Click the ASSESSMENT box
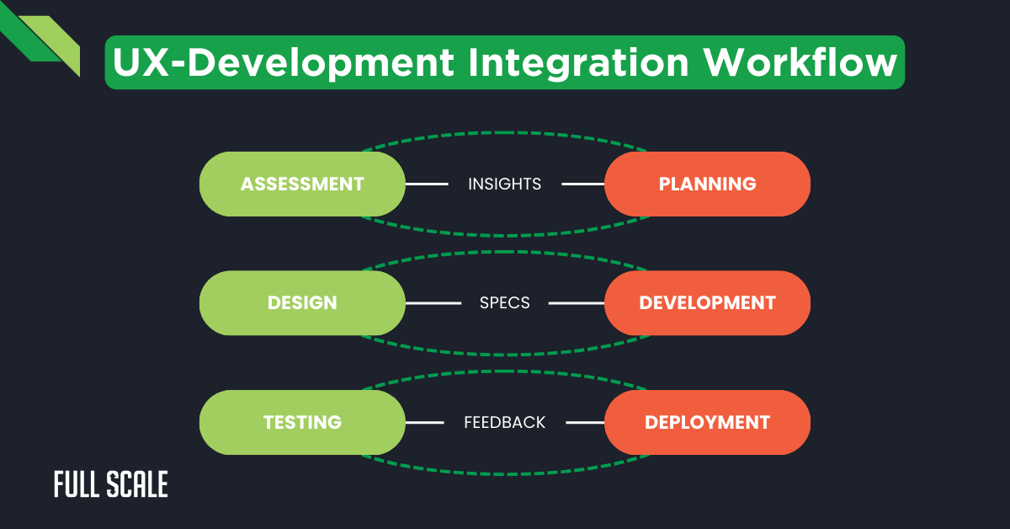[x=302, y=184]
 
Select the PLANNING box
[x=707, y=184]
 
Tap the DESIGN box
[x=302, y=302]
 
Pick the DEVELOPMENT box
[x=707, y=302]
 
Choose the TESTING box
[x=302, y=422]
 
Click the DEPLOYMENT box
[x=707, y=422]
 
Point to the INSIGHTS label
[x=504, y=184]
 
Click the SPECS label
[x=504, y=302]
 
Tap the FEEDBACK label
[x=504, y=422]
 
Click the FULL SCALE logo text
[x=110, y=484]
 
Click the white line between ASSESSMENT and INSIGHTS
[x=427, y=184]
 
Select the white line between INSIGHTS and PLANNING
[x=583, y=184]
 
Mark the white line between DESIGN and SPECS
[x=433, y=302]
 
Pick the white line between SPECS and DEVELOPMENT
[x=577, y=302]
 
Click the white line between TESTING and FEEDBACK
[x=425, y=422]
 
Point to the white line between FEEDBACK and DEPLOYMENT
[x=585, y=422]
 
